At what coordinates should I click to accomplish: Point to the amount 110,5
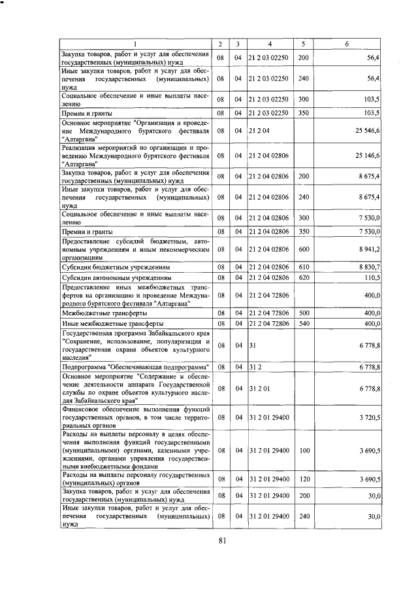pyautogui.click(x=372, y=277)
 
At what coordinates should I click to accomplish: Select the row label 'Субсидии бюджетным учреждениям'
pyautogui.click(x=116, y=268)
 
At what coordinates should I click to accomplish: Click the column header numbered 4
pyautogui.click(x=269, y=44)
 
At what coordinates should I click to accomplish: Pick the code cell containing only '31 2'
pyautogui.click(x=254, y=368)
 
